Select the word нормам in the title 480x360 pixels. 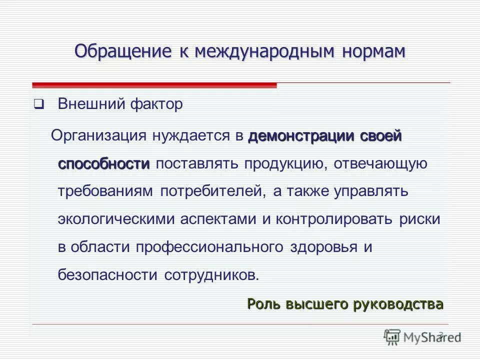(373, 51)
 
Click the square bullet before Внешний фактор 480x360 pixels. (38, 105)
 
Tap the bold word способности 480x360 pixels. (103, 164)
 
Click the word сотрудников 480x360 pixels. (212, 274)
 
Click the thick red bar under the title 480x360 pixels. (154, 85)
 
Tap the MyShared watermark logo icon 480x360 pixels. (392, 337)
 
